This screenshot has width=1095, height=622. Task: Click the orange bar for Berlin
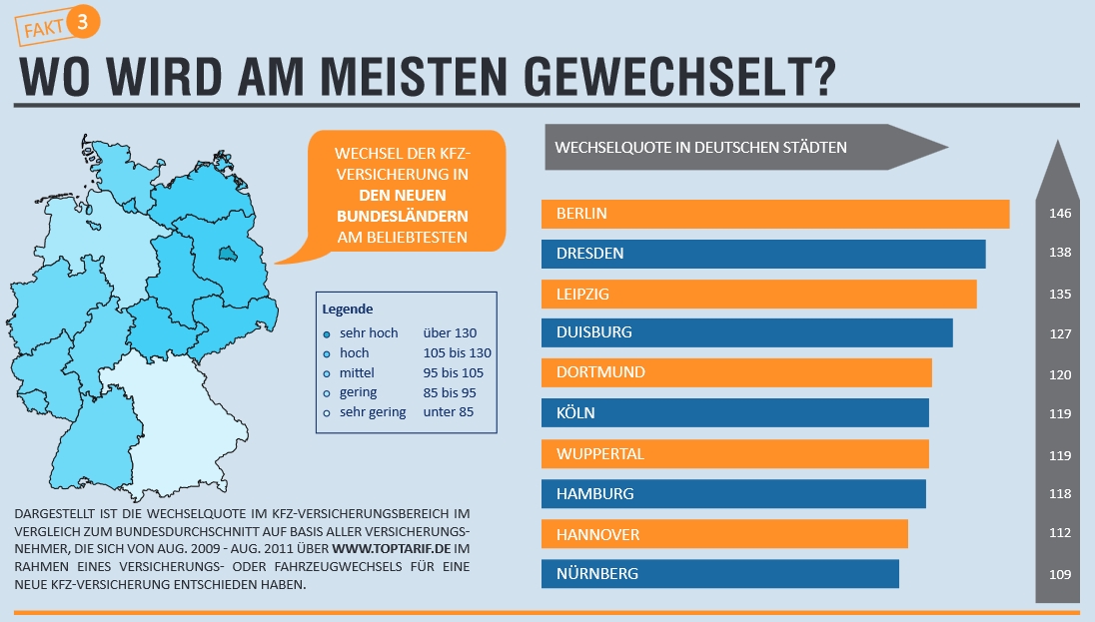[774, 214]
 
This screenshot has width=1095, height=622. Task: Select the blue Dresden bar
[763, 254]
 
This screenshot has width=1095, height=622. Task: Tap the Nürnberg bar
[719, 574]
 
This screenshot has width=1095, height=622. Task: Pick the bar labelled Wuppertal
[734, 454]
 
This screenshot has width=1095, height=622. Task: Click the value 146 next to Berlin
[1060, 214]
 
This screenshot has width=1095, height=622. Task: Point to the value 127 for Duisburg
[1060, 334]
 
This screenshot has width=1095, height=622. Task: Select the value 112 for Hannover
[1060, 534]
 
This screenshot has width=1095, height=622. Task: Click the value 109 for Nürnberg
[1060, 574]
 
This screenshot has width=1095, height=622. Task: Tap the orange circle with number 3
[84, 24]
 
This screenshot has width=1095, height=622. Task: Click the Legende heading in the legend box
[347, 310]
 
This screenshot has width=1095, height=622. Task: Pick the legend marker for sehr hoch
[327, 333]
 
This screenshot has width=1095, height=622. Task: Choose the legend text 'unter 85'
[449, 412]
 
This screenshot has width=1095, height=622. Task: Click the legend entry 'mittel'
[356, 372]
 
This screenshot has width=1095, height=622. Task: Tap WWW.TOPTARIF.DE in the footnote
[391, 549]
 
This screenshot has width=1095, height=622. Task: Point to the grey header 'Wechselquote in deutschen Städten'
[700, 148]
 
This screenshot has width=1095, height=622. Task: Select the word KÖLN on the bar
[575, 413]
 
